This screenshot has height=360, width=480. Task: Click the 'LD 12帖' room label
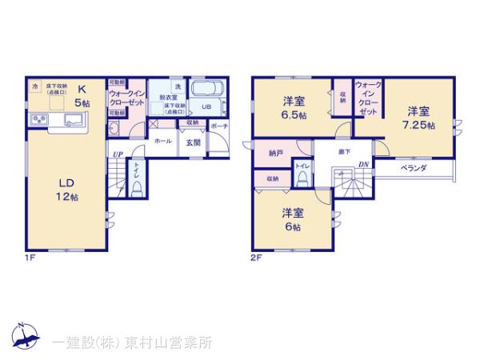click(x=66, y=190)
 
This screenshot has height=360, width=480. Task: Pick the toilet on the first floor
click(x=137, y=188)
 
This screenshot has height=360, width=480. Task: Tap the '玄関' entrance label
click(x=193, y=142)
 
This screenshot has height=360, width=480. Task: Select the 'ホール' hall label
click(x=162, y=141)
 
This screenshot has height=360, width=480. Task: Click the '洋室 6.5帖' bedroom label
click(x=294, y=107)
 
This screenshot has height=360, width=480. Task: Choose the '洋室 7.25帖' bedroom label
click(x=418, y=118)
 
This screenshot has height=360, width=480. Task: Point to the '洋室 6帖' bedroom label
click(x=291, y=219)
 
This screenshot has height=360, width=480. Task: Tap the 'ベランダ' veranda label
click(x=413, y=168)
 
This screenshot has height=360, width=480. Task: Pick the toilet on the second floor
click(x=303, y=180)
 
